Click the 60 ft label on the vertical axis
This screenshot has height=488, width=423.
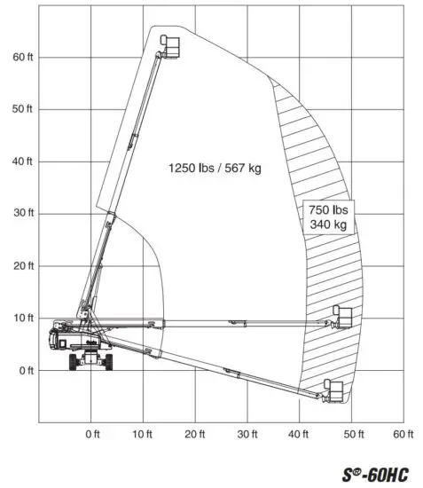22,57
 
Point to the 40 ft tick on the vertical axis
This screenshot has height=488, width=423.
22,161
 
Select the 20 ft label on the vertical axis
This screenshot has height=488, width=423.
22,266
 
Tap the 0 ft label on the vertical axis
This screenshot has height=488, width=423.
25,370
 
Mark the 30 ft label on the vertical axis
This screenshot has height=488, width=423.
22,214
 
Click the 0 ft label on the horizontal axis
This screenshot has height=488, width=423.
93,434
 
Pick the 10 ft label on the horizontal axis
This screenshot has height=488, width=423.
144,434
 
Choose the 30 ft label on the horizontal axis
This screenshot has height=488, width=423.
248,434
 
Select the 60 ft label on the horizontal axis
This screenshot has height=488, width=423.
404,434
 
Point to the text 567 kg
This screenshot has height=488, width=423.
244,168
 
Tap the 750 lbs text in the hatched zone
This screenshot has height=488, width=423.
330,210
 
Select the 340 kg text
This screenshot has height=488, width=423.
330,225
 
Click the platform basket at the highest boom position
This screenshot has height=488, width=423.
170,44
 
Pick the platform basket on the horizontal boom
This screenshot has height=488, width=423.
342,317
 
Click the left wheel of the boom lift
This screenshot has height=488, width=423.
75,362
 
